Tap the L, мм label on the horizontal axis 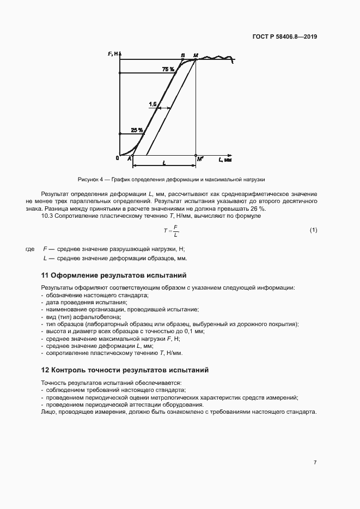pyautogui.click(x=225, y=161)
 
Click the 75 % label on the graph pyautogui.click(x=168, y=69)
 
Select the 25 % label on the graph pyautogui.click(x=137, y=130)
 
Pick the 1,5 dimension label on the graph pyautogui.click(x=152, y=103)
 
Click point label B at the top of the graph pyautogui.click(x=183, y=55)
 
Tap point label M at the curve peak pyautogui.click(x=196, y=55)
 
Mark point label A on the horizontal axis pyautogui.click(x=130, y=158)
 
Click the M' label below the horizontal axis pyautogui.click(x=200, y=158)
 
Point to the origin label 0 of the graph pyautogui.click(x=117, y=158)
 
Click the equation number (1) pyautogui.click(x=313, y=230)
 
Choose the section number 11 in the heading pyautogui.click(x=46, y=275)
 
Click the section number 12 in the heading pyautogui.click(x=46, y=370)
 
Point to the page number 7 pyautogui.click(x=315, y=462)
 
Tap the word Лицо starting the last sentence pyautogui.click(x=48, y=412)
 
